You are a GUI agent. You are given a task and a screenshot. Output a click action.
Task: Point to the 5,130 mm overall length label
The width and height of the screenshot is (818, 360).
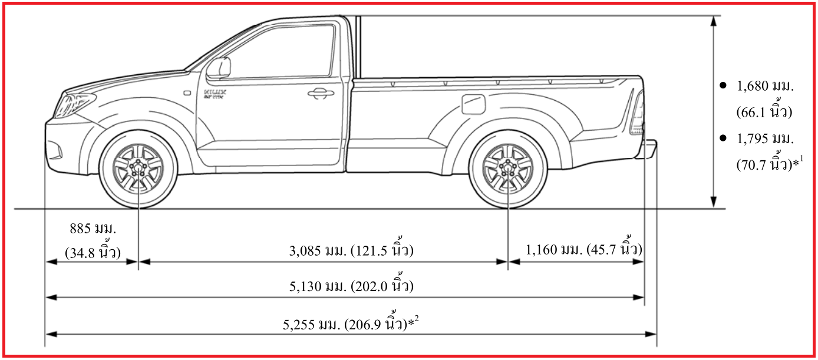(x=351, y=287)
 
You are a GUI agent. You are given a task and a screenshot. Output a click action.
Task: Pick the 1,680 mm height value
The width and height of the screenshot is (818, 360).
(x=765, y=87)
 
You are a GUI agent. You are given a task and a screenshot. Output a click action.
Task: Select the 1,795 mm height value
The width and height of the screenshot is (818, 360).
(x=765, y=140)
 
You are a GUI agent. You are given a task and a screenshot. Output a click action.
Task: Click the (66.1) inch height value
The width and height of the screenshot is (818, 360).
(x=763, y=112)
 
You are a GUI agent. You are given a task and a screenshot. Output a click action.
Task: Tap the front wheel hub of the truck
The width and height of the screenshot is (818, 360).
(x=138, y=170)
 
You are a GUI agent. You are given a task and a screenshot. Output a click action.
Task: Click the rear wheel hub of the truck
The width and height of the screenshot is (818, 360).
(x=507, y=170)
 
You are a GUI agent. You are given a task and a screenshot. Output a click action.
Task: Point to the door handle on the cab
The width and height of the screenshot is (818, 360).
(x=319, y=93)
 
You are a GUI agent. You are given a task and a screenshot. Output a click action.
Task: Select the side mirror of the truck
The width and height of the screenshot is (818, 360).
(x=219, y=67)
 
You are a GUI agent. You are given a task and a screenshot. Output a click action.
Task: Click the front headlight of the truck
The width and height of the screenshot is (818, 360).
(x=73, y=104)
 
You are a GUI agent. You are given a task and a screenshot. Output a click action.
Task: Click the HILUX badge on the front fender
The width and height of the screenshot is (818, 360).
(x=215, y=93)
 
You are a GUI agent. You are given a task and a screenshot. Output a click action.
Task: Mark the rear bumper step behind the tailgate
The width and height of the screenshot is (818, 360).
(x=651, y=148)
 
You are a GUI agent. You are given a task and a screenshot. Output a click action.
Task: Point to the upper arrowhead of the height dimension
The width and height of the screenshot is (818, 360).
(x=714, y=21)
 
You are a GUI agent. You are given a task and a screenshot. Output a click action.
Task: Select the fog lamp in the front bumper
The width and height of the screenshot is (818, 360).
(x=55, y=151)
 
